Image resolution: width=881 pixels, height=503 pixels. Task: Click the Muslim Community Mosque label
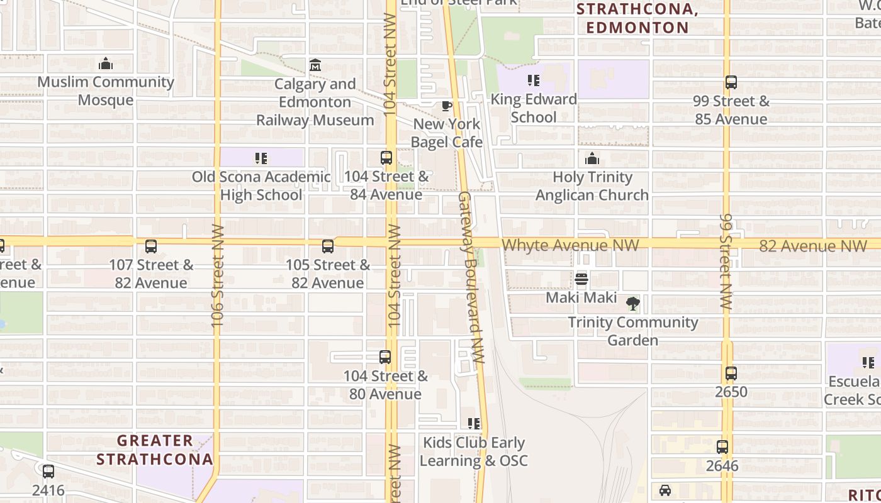tap(106, 91)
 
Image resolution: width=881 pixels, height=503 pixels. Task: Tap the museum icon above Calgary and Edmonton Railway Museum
tap(315, 65)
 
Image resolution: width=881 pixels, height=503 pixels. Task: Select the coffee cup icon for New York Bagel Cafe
tap(446, 106)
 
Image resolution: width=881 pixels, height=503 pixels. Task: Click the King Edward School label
tap(534, 108)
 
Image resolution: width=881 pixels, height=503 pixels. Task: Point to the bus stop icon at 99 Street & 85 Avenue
tap(731, 82)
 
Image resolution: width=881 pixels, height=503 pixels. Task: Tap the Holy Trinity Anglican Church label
tap(592, 186)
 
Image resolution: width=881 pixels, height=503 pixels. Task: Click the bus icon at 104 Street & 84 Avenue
tap(386, 158)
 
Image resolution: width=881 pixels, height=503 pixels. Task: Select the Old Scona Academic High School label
tap(261, 186)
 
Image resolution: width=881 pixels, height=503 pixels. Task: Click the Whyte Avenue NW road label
tap(570, 245)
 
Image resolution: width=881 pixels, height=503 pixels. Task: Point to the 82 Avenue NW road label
tap(804, 246)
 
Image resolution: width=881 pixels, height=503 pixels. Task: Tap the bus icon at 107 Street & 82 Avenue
tap(150, 246)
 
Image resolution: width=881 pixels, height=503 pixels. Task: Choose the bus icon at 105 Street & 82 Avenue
tap(327, 246)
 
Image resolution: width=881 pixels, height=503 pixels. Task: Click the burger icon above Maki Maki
tap(581, 279)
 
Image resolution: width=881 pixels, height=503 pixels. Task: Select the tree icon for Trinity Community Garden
tap(633, 304)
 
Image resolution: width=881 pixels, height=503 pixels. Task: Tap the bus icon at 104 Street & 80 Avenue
tap(385, 357)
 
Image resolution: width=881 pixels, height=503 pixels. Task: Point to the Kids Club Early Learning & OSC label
tap(473, 451)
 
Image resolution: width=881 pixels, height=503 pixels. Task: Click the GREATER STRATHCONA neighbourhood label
tap(155, 450)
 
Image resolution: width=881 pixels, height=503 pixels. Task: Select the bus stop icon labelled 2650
tap(731, 373)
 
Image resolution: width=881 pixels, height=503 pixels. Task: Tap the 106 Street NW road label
tap(218, 275)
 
